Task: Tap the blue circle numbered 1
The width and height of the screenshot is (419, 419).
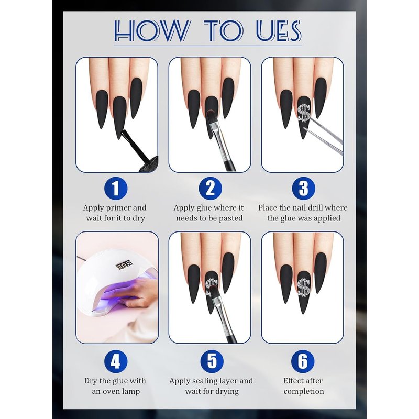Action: [116, 188]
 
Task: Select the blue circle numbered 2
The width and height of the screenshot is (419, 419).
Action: [211, 188]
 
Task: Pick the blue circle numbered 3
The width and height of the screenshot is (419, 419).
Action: [303, 188]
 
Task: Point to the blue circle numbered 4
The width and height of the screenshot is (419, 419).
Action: [116, 361]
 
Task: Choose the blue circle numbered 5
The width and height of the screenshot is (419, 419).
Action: [212, 361]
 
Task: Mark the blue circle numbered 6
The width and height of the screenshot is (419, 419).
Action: [303, 361]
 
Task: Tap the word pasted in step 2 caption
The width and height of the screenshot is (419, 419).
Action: [230, 218]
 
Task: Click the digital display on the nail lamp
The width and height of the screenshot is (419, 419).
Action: [124, 264]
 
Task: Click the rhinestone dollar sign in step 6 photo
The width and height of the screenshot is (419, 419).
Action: [303, 288]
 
